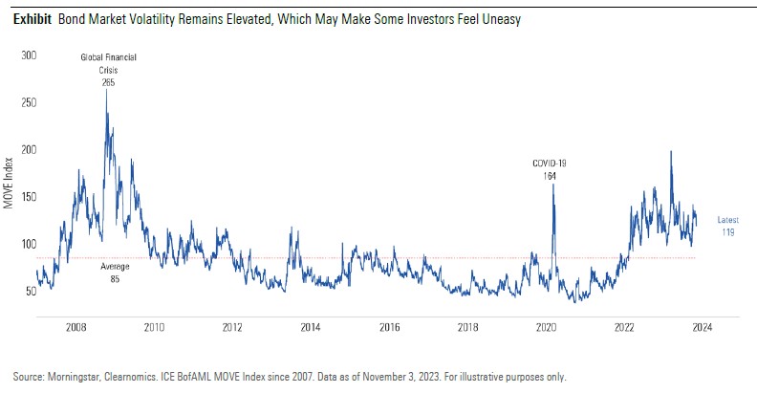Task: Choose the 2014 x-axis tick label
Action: point(311,327)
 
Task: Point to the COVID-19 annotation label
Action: point(550,164)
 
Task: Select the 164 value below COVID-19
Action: point(550,176)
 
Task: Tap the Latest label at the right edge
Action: point(727,219)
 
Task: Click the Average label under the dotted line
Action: point(115,267)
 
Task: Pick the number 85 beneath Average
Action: point(115,279)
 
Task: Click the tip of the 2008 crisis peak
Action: point(106,91)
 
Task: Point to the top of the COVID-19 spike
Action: point(552,184)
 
